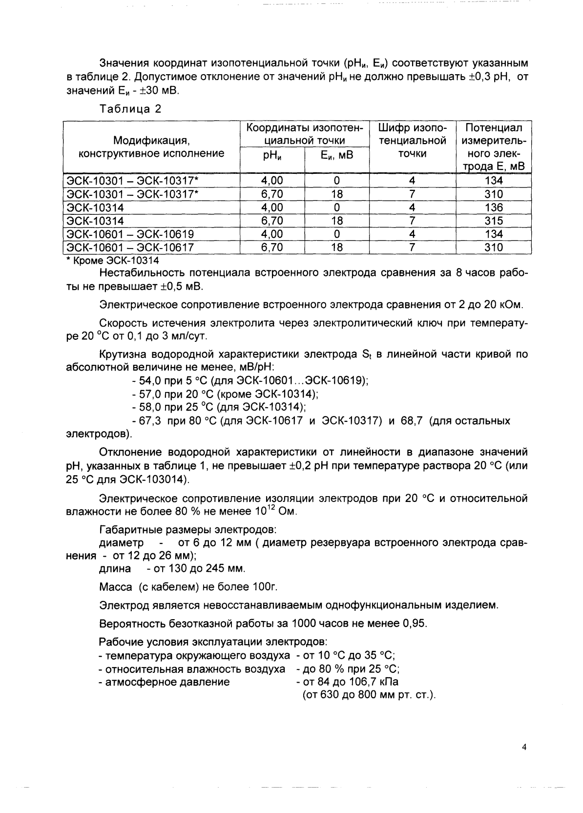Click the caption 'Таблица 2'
pyautogui.click(x=130, y=109)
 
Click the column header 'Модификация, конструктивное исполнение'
pyautogui.click(x=151, y=147)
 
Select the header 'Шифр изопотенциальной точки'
pyautogui.click(x=412, y=141)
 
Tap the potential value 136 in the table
pyautogui.click(x=494, y=207)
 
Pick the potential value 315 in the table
pyautogui.click(x=494, y=221)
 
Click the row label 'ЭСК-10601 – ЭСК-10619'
pyautogui.click(x=130, y=234)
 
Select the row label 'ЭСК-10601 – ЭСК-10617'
pyautogui.click(x=130, y=248)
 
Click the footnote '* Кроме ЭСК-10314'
pyautogui.click(x=112, y=261)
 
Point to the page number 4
pyautogui.click(x=524, y=747)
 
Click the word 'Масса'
pyautogui.click(x=115, y=586)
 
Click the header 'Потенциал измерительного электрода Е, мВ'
pyautogui.click(x=494, y=147)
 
